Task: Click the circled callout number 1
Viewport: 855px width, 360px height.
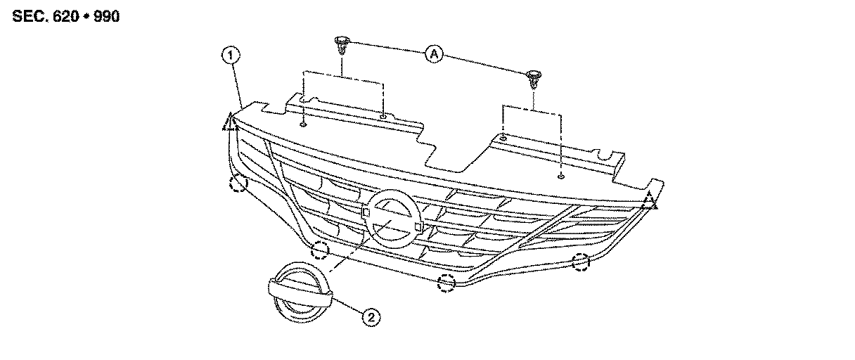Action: click(229, 54)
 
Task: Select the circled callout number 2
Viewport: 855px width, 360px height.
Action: click(371, 317)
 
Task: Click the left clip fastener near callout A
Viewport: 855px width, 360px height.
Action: click(342, 46)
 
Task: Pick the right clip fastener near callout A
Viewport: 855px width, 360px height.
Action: click(534, 77)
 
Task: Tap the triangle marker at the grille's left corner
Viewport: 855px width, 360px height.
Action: click(229, 124)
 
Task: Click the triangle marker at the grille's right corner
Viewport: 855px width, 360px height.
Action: click(650, 201)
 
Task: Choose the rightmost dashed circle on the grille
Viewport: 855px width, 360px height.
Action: click(581, 263)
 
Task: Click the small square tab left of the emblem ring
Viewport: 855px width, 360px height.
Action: click(366, 210)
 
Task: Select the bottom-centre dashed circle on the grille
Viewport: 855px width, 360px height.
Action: click(446, 283)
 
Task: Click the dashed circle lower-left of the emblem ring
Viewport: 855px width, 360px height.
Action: click(321, 249)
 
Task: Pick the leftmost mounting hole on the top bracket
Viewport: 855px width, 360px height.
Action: click(303, 124)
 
